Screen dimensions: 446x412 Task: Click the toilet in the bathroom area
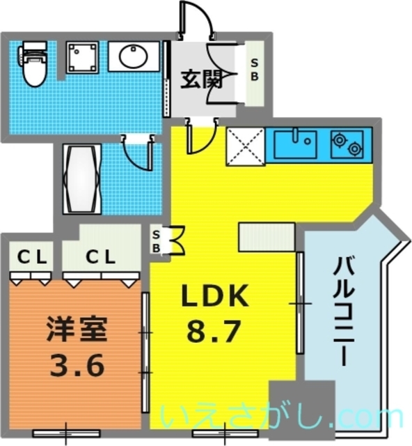tap(31, 62)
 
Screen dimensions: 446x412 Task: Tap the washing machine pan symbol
tap(84, 58)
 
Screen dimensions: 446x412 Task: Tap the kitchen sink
tap(295, 144)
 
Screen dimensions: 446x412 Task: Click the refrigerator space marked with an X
tap(245, 147)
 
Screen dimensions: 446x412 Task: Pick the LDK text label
tap(214, 298)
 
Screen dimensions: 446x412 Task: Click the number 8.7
tap(214, 332)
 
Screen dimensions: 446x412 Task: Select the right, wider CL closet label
tap(100, 257)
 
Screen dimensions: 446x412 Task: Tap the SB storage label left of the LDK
tap(157, 240)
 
